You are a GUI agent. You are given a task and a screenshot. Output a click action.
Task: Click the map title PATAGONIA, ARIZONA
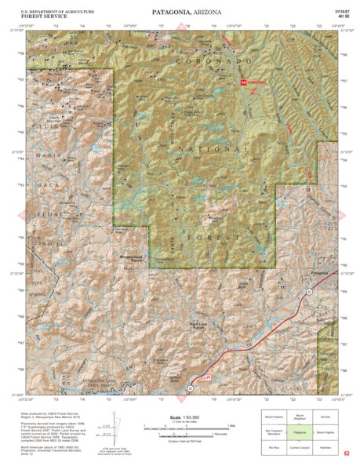coord(180,13)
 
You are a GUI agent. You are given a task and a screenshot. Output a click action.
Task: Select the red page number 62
coord(346,454)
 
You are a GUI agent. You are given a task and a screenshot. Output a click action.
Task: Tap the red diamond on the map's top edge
coord(180,29)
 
